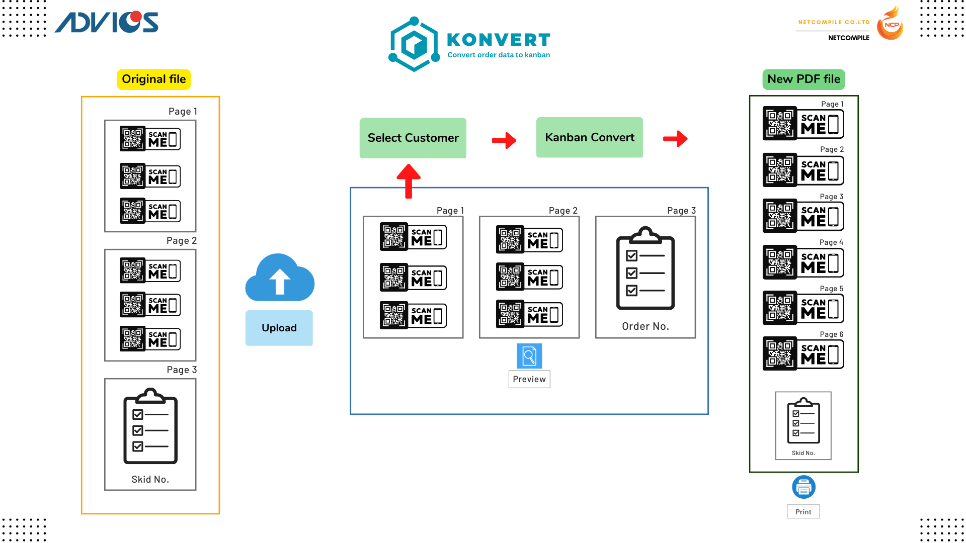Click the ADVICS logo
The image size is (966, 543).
[107, 22]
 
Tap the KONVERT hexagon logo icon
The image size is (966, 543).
[414, 44]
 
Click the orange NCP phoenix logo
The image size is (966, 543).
[890, 24]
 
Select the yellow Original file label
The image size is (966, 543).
[153, 79]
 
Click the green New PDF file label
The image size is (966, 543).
[803, 79]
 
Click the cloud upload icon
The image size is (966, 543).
[280, 278]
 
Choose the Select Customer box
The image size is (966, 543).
[413, 138]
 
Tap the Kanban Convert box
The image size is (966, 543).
[589, 137]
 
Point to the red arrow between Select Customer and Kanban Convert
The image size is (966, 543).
[504, 140]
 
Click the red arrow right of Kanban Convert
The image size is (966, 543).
[675, 139]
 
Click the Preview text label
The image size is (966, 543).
[529, 379]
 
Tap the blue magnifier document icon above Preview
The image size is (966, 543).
[529, 356]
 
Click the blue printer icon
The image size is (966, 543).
[803, 487]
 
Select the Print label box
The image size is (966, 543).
[803, 511]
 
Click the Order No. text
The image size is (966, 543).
[646, 326]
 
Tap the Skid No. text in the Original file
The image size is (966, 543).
[150, 479]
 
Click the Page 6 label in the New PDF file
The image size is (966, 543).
[831, 334]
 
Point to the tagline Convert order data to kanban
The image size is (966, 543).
[499, 55]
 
